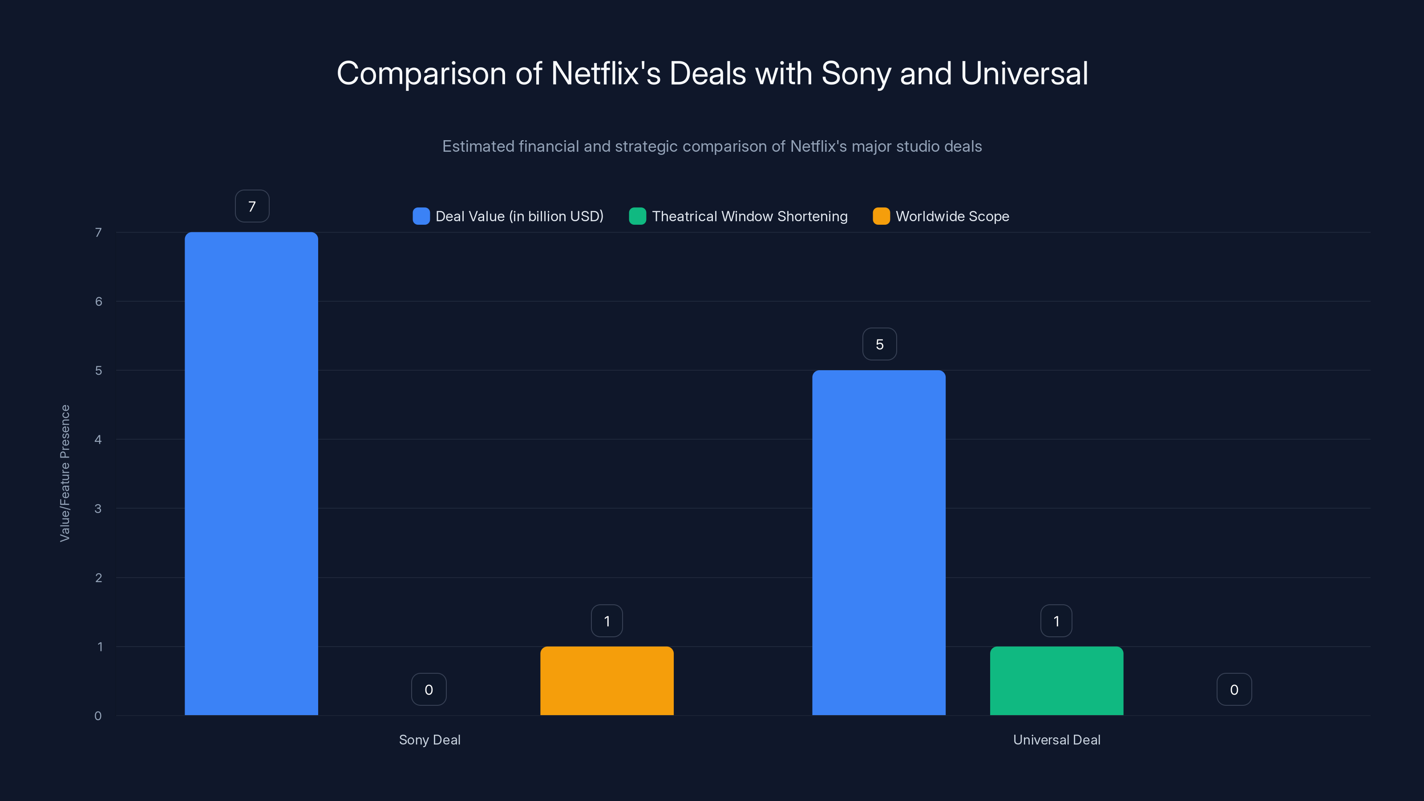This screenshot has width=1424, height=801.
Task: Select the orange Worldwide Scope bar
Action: (607, 680)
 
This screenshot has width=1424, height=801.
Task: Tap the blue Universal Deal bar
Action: (878, 542)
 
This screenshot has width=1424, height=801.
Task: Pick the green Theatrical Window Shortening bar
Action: (1056, 680)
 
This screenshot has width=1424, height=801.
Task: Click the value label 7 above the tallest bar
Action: (252, 206)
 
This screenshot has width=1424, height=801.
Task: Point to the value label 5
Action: (879, 344)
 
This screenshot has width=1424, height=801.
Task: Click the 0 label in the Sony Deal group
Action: (429, 689)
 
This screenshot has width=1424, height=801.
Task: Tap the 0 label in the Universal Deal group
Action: (1234, 689)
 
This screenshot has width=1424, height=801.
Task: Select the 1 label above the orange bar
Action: (607, 621)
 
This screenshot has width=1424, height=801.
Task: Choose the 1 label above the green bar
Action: (1056, 621)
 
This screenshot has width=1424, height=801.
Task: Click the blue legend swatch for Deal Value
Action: (421, 216)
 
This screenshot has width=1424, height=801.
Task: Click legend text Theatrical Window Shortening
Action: (749, 216)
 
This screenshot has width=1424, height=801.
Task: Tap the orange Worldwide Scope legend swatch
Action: (881, 216)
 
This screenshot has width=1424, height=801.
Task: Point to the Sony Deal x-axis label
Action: (429, 740)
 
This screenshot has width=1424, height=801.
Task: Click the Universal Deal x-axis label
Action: (1056, 740)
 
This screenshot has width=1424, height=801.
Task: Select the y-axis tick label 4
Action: (98, 440)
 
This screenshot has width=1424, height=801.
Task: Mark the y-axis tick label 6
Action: (98, 301)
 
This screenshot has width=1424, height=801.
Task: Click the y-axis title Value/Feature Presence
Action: (65, 473)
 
